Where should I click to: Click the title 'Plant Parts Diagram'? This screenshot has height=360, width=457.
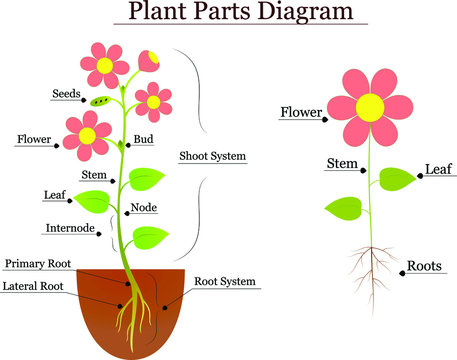coord(239,13)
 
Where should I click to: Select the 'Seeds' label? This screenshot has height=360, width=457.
coord(66,94)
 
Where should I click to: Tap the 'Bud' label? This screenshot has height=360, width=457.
coord(144,140)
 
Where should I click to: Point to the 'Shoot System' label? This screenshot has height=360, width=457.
coord(212,156)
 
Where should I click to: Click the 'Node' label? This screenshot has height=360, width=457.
coord(143,209)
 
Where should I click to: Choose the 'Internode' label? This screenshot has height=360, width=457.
coord(71,228)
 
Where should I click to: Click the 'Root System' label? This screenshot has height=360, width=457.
coord(227,282)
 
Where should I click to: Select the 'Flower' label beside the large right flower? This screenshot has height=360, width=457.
coord(300,111)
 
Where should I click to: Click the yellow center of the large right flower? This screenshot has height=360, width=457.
coord(370,105)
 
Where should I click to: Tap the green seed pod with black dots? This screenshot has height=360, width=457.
coord(101,101)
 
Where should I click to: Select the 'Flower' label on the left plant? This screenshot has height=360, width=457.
coord(34,139)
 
